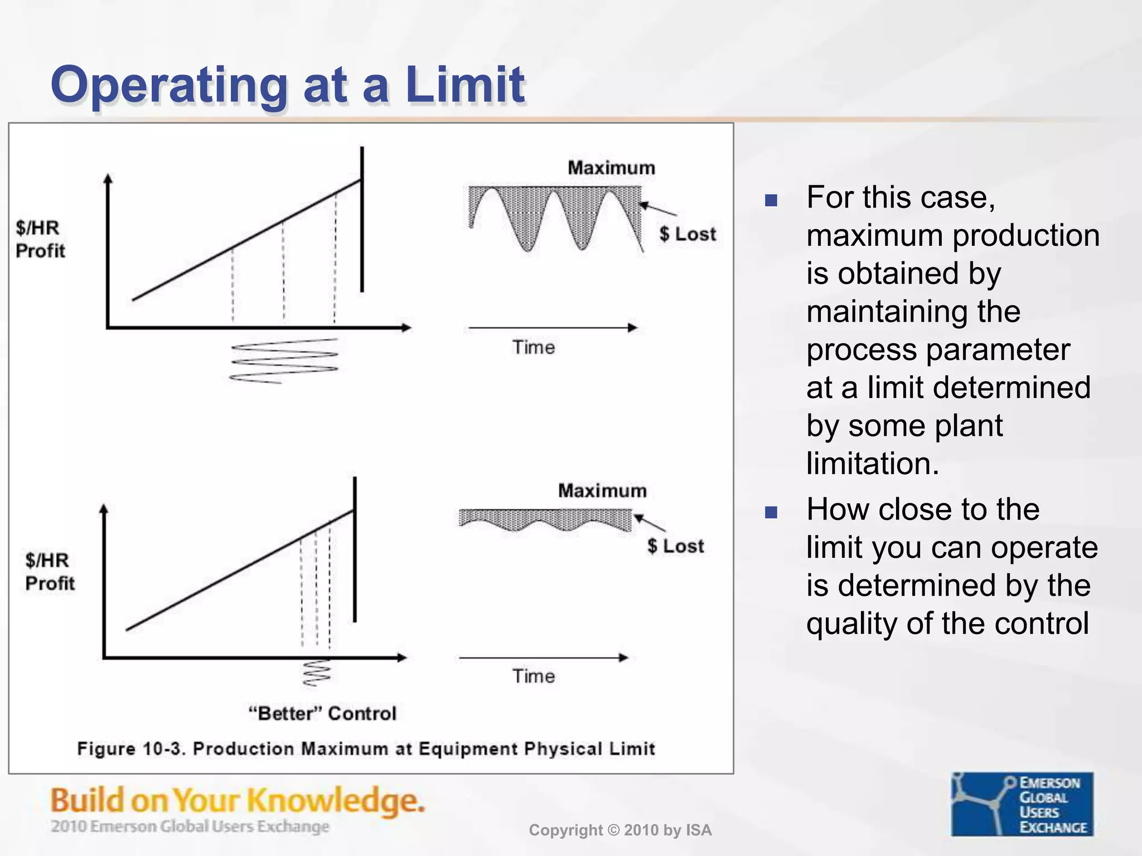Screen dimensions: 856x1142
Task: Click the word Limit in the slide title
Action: tap(464, 85)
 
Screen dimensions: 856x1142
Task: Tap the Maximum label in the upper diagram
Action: tap(611, 168)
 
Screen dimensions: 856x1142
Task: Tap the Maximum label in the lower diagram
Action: tap(602, 490)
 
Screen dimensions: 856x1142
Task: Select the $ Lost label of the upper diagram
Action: tap(687, 234)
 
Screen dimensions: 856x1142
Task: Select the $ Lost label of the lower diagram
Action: tap(675, 546)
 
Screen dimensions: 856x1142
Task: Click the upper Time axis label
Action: tap(534, 348)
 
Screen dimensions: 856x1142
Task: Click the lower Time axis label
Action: tap(534, 677)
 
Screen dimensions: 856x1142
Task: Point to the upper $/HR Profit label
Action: tap(40, 240)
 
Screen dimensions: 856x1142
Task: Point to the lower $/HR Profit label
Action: tap(50, 572)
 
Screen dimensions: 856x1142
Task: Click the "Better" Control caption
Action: tap(322, 713)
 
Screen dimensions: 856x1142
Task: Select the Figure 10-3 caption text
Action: tap(366, 748)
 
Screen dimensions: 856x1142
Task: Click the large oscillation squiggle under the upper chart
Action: tap(284, 361)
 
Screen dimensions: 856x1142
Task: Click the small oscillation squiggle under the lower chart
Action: tap(316, 673)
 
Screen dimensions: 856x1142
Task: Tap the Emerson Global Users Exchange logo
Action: tap(1022, 804)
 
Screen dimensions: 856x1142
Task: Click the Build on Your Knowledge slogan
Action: tap(238, 801)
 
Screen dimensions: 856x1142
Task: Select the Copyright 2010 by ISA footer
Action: tap(620, 830)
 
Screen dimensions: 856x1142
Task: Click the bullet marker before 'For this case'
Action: tap(771, 200)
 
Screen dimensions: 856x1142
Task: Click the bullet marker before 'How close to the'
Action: tap(771, 512)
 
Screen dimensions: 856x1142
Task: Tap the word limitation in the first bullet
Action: tap(873, 464)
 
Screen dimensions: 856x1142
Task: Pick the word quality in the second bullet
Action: tap(852, 624)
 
